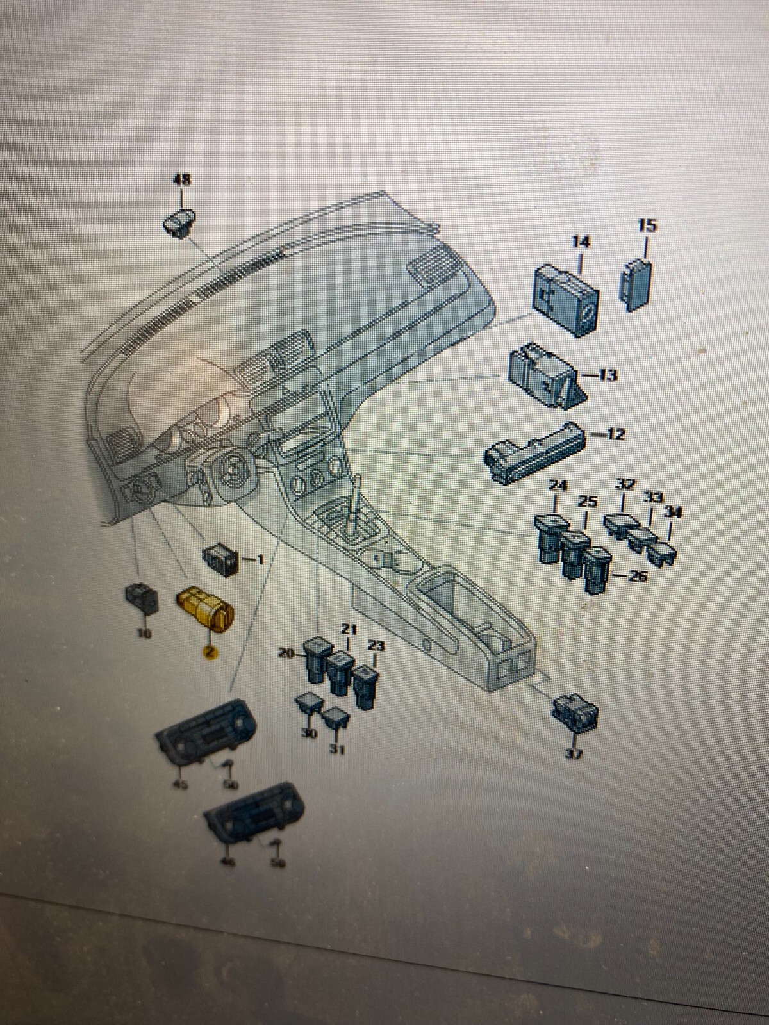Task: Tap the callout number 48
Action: (183, 181)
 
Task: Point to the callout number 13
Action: (606, 375)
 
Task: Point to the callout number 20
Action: (286, 653)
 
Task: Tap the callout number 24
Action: (558, 486)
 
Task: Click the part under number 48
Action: (180, 223)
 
